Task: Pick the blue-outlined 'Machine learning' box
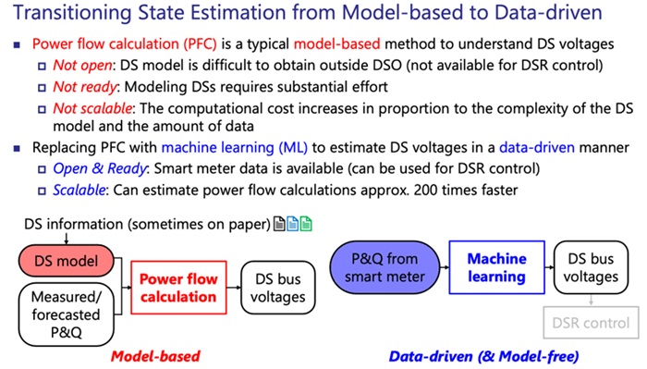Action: click(495, 266)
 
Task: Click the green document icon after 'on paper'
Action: click(307, 225)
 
